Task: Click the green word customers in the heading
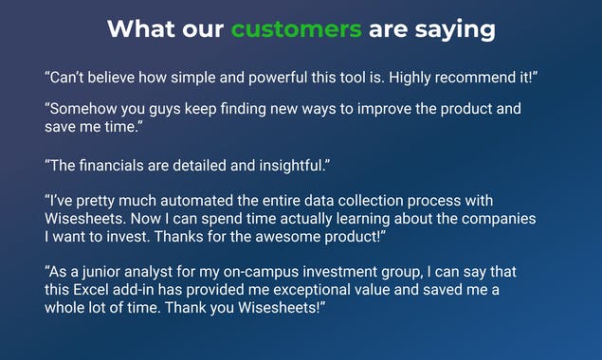(x=297, y=29)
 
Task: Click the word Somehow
(x=82, y=109)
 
